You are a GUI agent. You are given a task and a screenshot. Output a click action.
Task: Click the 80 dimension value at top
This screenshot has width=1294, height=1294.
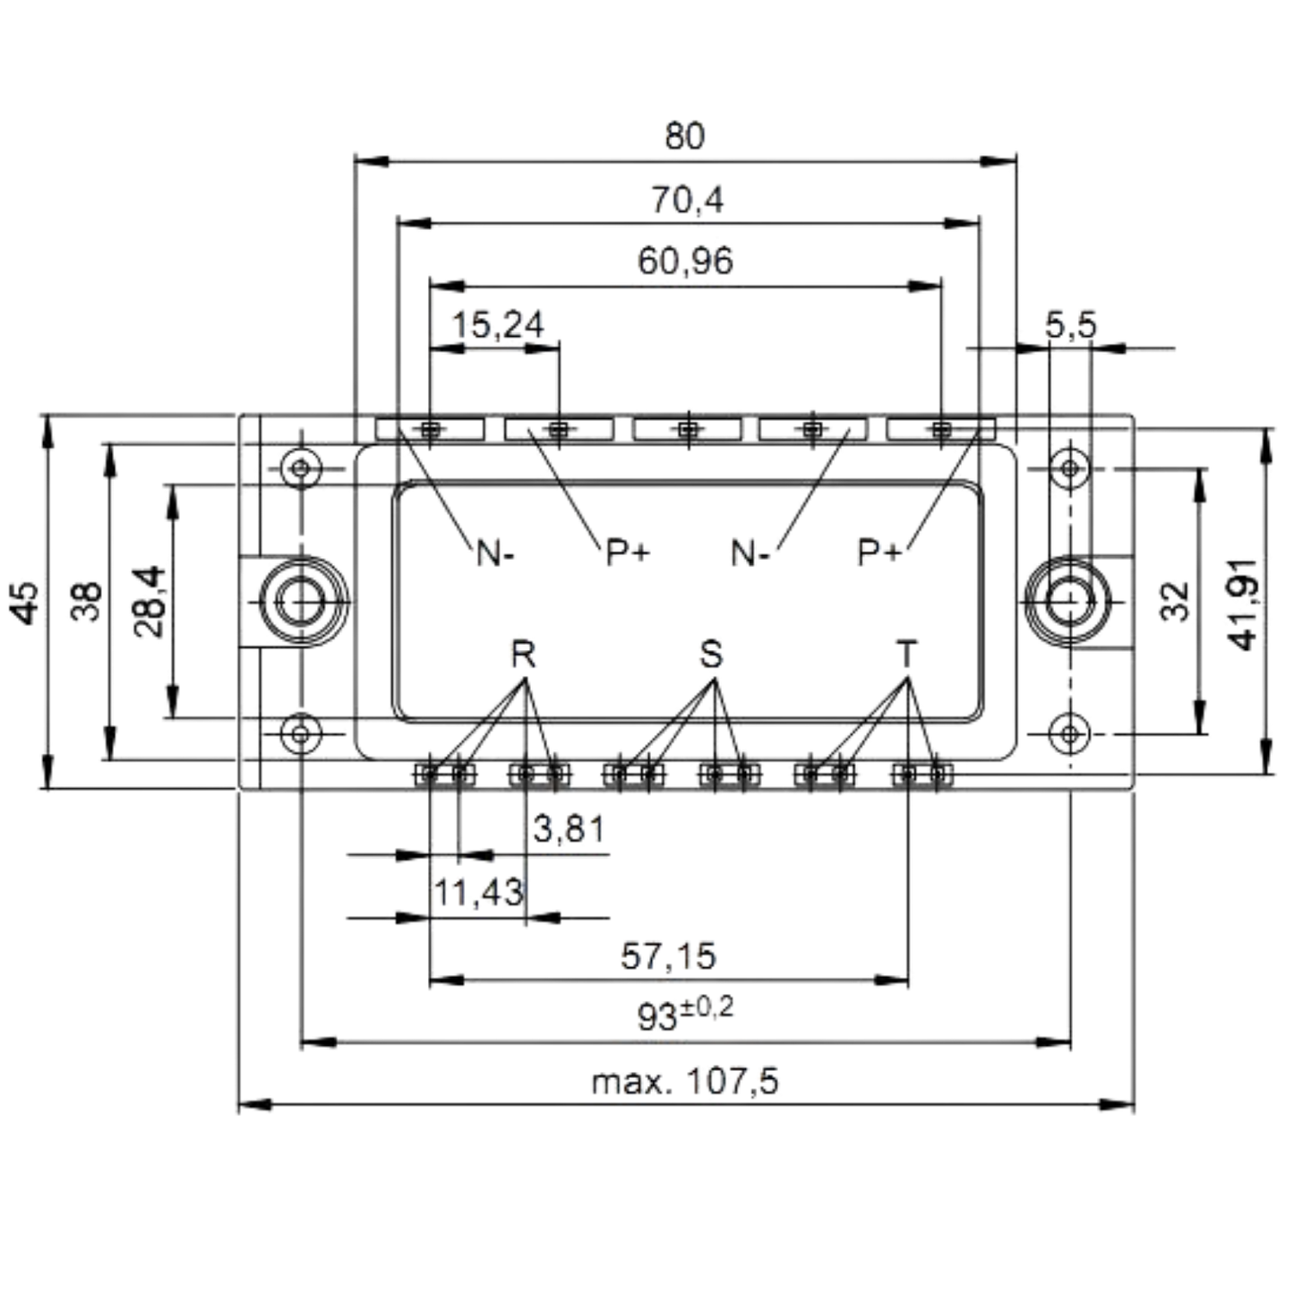[685, 135]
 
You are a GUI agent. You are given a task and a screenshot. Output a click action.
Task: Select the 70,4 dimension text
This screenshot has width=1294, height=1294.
[688, 200]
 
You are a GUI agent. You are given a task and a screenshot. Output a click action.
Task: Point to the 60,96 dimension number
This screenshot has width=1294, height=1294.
[686, 261]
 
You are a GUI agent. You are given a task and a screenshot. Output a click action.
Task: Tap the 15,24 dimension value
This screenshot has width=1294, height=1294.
[498, 325]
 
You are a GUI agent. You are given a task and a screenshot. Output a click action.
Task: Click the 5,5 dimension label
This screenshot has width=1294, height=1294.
[1070, 325]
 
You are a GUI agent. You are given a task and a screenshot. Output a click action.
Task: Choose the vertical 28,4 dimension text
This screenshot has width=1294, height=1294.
[149, 602]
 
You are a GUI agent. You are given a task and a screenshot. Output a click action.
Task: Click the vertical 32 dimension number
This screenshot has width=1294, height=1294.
[1175, 602]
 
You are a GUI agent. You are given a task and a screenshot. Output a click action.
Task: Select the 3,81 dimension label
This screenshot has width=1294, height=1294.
[569, 828]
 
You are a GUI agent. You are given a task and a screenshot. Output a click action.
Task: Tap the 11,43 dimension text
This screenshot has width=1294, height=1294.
[478, 893]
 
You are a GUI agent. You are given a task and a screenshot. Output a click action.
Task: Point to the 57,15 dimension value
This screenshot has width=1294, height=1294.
[669, 956]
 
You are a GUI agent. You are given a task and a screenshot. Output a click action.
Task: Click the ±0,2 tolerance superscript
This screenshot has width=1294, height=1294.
[707, 1007]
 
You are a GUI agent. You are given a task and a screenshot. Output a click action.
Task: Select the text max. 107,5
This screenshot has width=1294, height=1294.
[685, 1082]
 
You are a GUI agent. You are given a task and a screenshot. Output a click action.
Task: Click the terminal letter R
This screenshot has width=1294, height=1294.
[524, 654]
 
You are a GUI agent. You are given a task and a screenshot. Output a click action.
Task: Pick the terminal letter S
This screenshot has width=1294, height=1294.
[711, 654]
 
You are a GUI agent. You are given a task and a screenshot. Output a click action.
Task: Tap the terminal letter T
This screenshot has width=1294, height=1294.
[906, 654]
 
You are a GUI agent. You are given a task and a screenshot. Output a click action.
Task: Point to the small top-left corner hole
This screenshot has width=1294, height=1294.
[301, 467]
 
